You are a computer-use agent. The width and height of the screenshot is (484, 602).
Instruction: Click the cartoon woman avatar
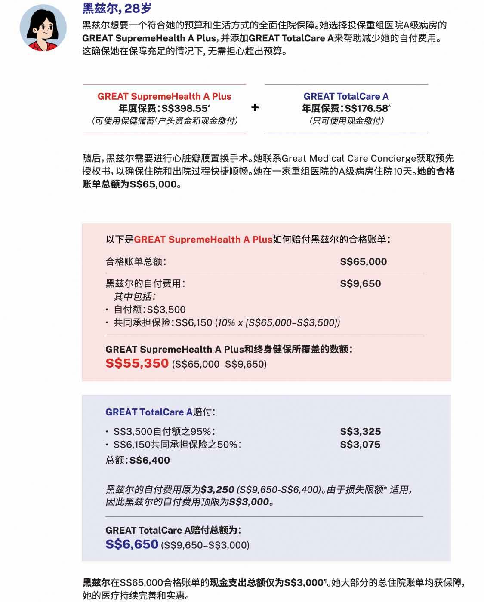coord(43,28)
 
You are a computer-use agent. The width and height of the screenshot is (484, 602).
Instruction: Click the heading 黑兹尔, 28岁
coord(117,8)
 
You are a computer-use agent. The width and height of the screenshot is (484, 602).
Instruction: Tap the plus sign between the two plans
coord(255,107)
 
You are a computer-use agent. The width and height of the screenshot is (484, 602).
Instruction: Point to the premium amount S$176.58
coord(367,108)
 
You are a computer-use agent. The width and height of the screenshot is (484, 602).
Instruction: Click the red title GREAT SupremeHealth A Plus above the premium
coord(164,96)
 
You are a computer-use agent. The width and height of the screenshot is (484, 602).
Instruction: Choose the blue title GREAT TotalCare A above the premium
coord(346,96)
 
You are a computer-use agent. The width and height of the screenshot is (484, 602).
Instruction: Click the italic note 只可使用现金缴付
coord(346,121)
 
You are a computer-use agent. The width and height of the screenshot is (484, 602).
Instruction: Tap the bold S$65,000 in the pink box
coord(363,261)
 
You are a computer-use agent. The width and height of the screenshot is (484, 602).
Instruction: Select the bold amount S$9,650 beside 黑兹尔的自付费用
coord(360,283)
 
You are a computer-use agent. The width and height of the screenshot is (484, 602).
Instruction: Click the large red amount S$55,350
coord(137,363)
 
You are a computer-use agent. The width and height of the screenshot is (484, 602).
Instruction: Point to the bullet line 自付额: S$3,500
coord(149,310)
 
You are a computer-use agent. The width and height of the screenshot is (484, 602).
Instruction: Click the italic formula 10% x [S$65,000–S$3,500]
coord(277,322)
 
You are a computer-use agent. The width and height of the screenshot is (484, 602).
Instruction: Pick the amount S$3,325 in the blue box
coord(360,431)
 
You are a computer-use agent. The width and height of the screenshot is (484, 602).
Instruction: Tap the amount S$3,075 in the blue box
coord(360,445)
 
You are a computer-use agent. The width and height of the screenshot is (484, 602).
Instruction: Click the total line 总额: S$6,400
coord(138,460)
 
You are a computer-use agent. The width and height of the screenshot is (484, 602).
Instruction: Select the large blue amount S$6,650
coord(132,544)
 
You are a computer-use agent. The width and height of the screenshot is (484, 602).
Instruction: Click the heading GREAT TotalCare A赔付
coord(160,412)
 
